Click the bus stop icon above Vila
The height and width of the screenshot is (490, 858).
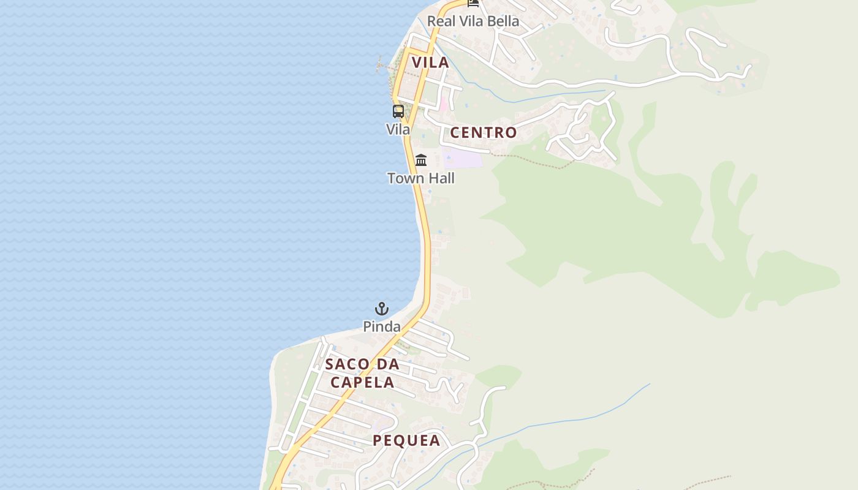click(398, 111)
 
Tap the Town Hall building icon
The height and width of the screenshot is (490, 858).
click(421, 160)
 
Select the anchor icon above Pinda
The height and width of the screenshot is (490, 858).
click(382, 309)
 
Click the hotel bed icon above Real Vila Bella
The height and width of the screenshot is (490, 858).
click(473, 3)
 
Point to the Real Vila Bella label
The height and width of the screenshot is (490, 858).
click(473, 21)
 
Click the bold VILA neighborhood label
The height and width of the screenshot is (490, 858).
click(430, 62)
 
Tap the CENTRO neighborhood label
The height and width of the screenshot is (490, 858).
click(484, 132)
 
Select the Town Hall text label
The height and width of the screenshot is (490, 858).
click(421, 178)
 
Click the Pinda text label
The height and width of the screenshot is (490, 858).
click(382, 326)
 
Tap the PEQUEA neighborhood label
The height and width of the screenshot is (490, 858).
click(406, 440)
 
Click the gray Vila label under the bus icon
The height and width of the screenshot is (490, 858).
click(398, 129)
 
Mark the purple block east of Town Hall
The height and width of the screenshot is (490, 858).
click(462, 158)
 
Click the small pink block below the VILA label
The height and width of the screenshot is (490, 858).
click(443, 104)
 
